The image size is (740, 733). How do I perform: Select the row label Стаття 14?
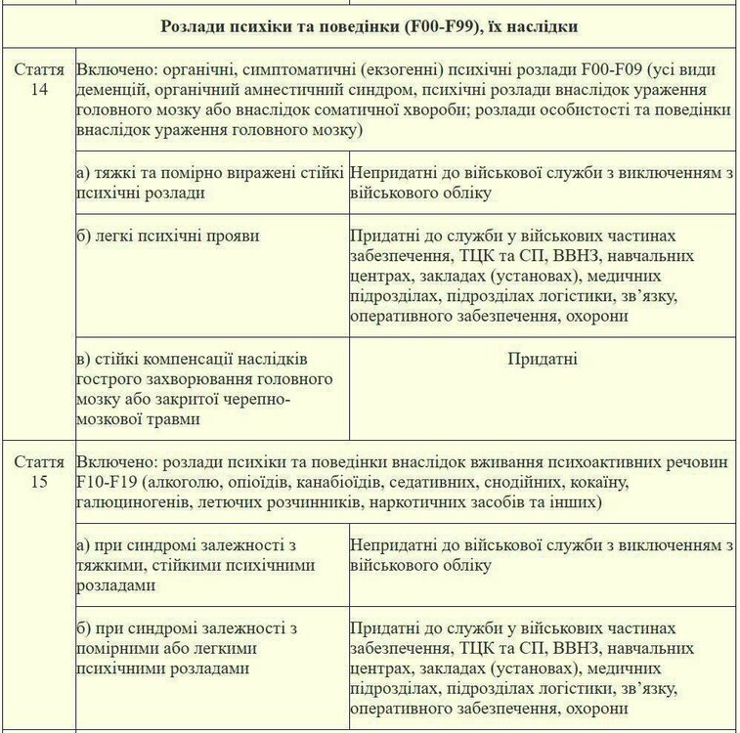39,81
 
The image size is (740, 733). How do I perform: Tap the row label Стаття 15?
39,472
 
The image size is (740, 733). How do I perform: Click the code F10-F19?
109,483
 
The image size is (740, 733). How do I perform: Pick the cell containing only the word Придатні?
543,359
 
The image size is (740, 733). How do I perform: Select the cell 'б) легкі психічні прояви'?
161,236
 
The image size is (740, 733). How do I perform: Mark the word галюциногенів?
135,502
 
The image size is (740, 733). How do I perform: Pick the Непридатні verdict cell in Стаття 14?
543,183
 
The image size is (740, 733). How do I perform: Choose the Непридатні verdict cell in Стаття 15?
543,555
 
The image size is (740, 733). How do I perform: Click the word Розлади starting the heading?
192,26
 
